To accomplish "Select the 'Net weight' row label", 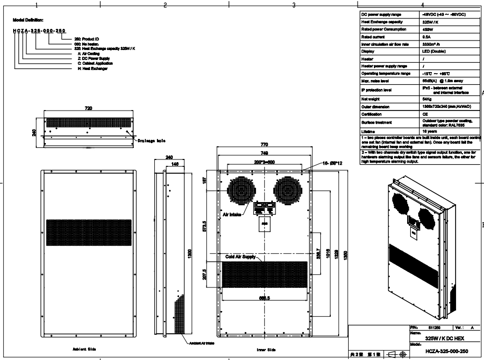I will coord(370,99).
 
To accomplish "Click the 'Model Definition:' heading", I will coord(28,19).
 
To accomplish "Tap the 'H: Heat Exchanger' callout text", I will coord(93,69).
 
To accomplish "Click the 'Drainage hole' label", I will coord(151,141).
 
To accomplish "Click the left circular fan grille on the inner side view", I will coord(241,190).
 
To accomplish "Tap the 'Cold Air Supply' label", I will coord(241,257).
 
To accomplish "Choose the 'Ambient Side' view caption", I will coord(84,349).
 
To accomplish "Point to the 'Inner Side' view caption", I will coord(266,349).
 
